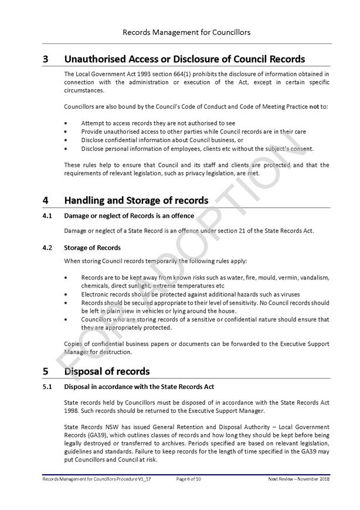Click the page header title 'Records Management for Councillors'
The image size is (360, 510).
[186, 32]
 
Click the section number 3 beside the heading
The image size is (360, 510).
[45, 59]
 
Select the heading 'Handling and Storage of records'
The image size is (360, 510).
[135, 200]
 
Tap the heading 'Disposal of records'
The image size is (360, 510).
[107, 371]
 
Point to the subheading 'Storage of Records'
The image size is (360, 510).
[92, 248]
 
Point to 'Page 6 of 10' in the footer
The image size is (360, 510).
[189, 479]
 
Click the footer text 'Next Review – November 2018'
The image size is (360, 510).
[298, 479]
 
